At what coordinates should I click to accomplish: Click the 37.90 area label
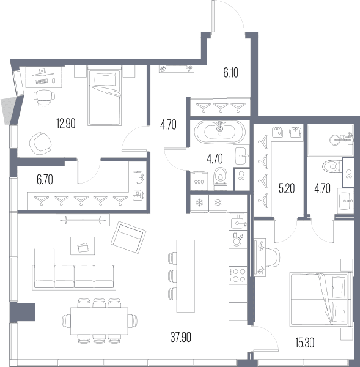[180, 337]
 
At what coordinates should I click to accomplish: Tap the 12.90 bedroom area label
[66, 124]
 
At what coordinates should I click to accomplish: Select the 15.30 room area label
[304, 343]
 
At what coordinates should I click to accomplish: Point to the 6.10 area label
[230, 73]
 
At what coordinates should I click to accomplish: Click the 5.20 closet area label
[287, 188]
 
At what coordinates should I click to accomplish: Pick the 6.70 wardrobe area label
[45, 179]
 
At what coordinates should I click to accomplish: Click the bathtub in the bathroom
[220, 132]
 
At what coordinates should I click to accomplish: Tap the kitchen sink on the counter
[238, 221]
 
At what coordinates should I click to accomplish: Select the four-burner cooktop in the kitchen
[238, 275]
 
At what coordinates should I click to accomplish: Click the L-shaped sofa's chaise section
[45, 268]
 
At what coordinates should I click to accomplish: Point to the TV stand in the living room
[83, 220]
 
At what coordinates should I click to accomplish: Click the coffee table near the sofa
[83, 246]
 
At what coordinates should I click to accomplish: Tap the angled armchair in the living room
[128, 237]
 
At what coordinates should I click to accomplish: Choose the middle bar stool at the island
[172, 275]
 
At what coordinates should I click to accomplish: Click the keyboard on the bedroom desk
[42, 81]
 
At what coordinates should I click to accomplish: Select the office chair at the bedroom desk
[44, 98]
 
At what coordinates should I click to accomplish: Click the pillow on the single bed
[105, 79]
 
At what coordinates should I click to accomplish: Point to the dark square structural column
[23, 312]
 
